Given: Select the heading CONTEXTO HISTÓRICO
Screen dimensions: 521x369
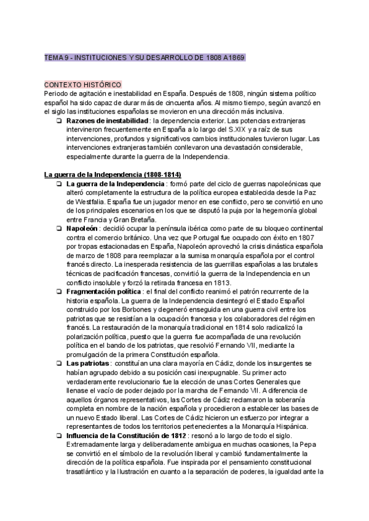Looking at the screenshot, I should click(x=83, y=85).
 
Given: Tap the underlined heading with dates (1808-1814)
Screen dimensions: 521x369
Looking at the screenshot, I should click(x=109, y=174).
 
